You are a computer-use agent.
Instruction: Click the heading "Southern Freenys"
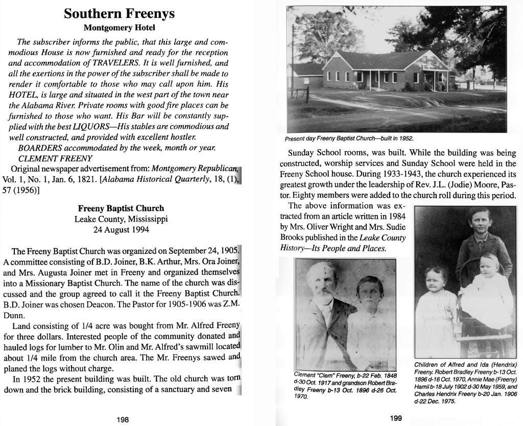point(119,14)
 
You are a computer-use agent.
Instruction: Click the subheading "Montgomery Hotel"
point(119,28)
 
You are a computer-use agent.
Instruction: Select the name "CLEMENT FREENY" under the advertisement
point(44,158)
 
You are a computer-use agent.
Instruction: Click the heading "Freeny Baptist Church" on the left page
point(121,208)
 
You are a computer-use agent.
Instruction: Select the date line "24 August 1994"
point(121,230)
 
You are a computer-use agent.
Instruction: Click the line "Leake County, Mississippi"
point(121,219)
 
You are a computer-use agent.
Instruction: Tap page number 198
point(123,419)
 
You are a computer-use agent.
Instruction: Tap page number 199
point(396,418)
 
